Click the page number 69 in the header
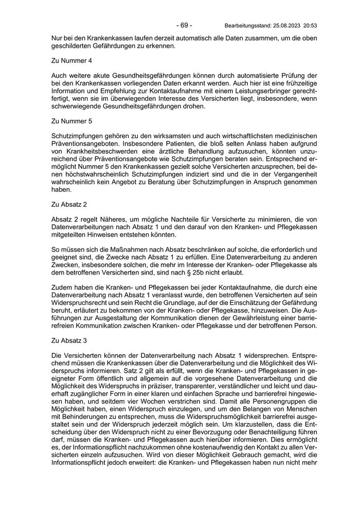click(x=184, y=25)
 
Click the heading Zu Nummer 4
click(x=72, y=61)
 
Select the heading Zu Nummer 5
click(x=72, y=121)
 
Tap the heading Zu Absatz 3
click(x=69, y=340)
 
